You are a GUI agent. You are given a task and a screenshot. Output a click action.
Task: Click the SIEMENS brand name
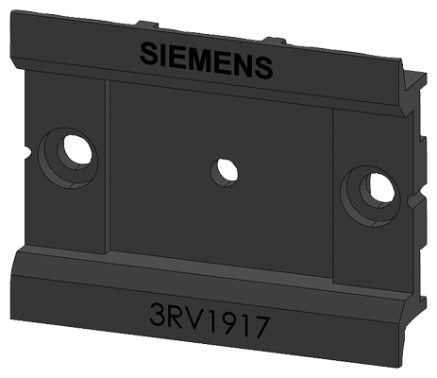[206, 60]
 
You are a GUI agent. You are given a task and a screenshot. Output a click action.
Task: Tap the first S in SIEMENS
[149, 53]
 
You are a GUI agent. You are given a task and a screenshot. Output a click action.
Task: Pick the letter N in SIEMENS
[242, 65]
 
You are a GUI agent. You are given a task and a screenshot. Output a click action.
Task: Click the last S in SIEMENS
[262, 68]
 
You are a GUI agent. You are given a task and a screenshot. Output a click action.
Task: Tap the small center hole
[225, 170]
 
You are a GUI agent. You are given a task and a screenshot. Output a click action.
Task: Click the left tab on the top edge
[144, 27]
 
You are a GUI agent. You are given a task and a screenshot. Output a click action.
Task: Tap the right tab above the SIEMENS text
[273, 40]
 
